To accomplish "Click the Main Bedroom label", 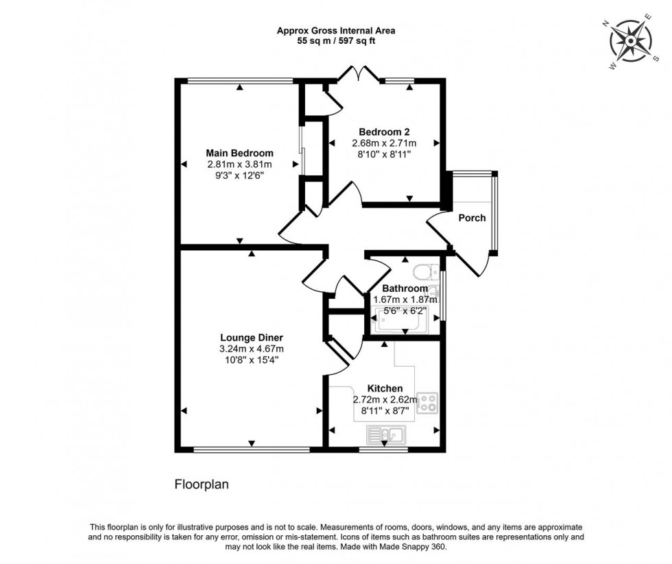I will coord(239,153).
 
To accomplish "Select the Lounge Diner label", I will coord(252,337).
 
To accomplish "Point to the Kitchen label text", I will coord(385,389).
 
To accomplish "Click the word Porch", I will coord(472,218).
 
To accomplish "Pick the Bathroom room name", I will coord(405,289).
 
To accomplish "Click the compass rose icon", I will coord(630,41).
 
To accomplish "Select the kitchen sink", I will coord(386,433).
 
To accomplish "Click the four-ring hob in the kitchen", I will coord(428,404).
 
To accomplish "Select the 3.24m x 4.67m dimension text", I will coord(252,349).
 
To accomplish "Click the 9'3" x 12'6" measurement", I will coord(239,175).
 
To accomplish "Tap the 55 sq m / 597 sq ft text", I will coord(336,41).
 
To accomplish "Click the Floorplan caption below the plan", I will coord(200,484).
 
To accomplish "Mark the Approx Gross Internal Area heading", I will coord(336,30).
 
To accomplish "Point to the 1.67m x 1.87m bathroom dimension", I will coord(405,299).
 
